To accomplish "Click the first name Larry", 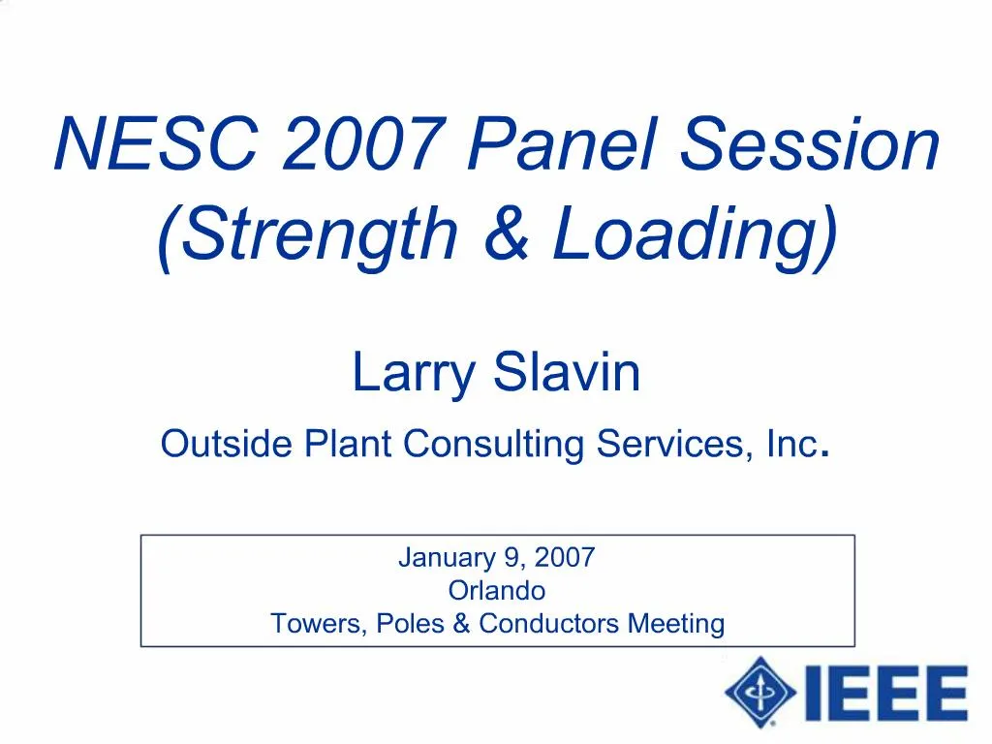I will (414, 374).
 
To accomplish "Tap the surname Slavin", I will (568, 372).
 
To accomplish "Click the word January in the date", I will (447, 558).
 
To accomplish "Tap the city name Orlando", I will (497, 590).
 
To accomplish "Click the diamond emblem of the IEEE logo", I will (760, 692).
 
